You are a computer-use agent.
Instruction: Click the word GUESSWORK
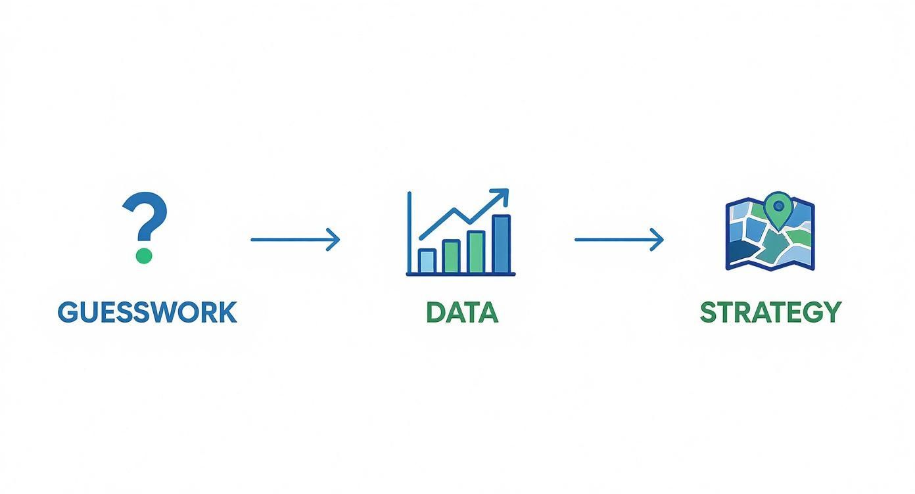[147, 312]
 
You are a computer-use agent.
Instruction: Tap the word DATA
[461, 312]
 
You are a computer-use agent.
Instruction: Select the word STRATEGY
[770, 312]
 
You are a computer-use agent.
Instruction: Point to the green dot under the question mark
[143, 255]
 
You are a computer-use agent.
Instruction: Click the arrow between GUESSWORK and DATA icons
[295, 239]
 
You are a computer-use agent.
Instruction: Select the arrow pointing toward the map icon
[619, 239]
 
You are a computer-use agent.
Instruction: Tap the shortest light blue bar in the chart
[427, 261]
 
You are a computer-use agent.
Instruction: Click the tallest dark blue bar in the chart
[502, 244]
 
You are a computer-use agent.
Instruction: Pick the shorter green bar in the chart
[452, 256]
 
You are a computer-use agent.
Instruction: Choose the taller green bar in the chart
[476, 251]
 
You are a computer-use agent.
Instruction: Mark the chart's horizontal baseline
[461, 274]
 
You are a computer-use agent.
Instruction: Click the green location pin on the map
[778, 210]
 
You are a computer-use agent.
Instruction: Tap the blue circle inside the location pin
[778, 206]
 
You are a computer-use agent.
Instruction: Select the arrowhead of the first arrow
[335, 239]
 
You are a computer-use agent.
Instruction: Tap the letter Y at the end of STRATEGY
[832, 312]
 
